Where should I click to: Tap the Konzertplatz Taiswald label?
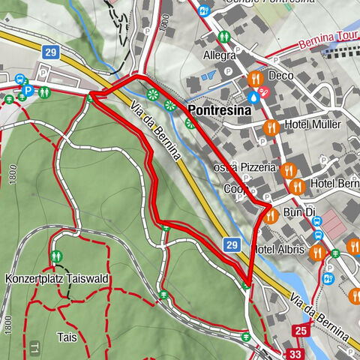click(x=57, y=278)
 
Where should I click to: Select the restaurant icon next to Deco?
click(x=255, y=77)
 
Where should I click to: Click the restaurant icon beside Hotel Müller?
click(x=271, y=126)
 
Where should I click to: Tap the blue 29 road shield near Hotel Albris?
click(x=232, y=245)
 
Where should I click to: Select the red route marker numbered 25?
click(x=301, y=328)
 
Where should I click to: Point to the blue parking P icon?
click(x=28, y=91)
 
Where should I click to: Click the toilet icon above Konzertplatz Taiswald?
click(x=56, y=257)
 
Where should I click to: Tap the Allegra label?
click(x=219, y=55)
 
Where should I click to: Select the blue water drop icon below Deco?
click(x=254, y=96)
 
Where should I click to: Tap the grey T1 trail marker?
click(x=34, y=346)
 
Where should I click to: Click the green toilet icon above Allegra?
click(x=223, y=36)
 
